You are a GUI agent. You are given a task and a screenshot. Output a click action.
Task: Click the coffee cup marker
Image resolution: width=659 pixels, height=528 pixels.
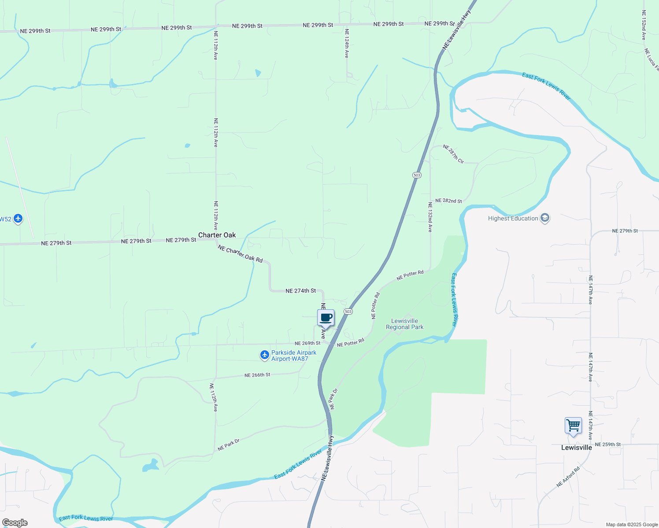(x=326, y=318)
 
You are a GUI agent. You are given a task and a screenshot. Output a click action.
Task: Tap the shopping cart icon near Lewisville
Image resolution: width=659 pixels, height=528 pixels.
(x=573, y=426)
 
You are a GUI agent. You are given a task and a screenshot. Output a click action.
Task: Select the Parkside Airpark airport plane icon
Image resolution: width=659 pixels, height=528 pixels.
(x=264, y=355)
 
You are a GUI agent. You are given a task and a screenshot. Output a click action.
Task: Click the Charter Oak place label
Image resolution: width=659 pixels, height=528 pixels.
(x=217, y=235)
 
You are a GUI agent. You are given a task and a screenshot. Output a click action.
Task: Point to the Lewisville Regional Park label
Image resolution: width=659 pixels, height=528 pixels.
(x=404, y=324)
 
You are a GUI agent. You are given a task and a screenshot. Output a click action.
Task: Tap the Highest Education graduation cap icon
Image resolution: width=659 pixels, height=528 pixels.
(x=545, y=218)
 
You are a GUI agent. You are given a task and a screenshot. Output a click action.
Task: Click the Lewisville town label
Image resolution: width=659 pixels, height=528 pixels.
(x=576, y=447)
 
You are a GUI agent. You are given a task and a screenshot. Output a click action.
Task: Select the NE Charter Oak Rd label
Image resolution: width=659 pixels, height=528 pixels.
(x=240, y=254)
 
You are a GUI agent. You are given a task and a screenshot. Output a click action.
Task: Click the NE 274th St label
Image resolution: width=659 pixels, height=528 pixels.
(x=300, y=291)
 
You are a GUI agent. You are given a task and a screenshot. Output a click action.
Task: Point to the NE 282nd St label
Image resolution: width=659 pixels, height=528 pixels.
(x=448, y=201)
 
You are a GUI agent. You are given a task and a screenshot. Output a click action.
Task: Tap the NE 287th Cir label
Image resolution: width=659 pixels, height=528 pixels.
(x=453, y=154)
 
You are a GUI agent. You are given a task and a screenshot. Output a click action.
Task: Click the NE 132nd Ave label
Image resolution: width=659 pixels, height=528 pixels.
(x=430, y=217)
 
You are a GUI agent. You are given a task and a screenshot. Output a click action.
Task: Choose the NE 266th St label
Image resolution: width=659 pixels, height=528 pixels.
(x=257, y=375)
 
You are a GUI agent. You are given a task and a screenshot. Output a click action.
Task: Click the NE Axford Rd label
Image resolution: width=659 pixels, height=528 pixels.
(x=568, y=477)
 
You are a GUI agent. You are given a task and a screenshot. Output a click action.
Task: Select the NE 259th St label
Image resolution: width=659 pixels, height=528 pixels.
(x=607, y=444)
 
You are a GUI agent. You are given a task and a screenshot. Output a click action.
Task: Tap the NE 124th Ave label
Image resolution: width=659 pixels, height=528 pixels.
(x=347, y=44)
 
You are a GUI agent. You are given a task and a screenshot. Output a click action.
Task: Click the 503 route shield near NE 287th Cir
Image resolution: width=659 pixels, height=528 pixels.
(x=417, y=175)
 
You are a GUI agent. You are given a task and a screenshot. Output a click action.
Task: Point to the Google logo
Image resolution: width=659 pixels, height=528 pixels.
(x=15, y=523)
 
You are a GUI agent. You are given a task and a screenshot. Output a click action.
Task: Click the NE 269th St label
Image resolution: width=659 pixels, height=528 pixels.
(x=307, y=343)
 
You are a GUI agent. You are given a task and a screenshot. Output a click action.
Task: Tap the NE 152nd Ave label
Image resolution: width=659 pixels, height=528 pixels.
(x=644, y=26)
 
